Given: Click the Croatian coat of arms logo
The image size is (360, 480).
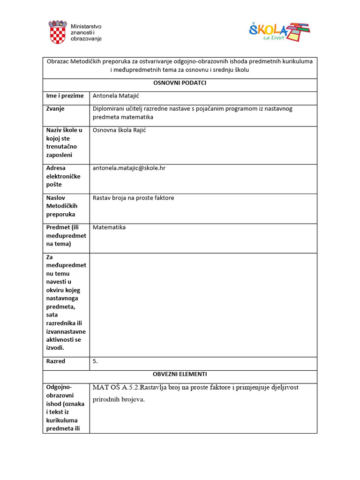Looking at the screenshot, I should (58, 32).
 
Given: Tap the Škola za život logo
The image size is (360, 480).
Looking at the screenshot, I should (279, 32).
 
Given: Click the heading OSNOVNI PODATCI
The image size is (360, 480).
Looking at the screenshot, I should (180, 83).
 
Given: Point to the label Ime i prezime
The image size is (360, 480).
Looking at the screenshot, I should (65, 96).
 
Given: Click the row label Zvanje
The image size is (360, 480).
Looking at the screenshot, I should (55, 109).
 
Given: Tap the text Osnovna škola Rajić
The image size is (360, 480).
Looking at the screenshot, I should (120, 130).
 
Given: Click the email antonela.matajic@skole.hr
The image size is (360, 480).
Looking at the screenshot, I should (129, 168).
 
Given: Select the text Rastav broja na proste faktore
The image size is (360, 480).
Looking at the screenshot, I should (134, 198).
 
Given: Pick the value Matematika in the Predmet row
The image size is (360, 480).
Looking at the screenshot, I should (109, 227).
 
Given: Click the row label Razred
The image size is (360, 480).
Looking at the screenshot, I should (56, 361).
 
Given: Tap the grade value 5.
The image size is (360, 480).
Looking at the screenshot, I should (96, 361).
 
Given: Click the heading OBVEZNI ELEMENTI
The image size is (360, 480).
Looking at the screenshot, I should (180, 374).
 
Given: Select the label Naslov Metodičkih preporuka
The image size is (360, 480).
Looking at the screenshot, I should (62, 206).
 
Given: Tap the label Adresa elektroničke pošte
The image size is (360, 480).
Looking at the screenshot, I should (63, 176).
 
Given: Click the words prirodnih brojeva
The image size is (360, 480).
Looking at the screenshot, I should (119, 400).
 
